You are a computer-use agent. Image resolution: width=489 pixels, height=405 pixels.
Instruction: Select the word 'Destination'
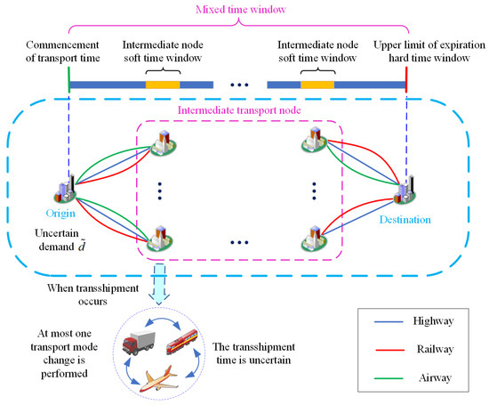point(405,218)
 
